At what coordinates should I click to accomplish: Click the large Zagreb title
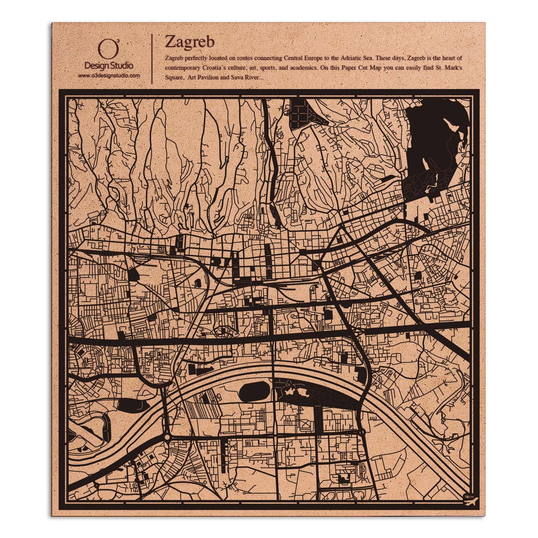190,42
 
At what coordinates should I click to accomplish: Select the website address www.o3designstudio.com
109,76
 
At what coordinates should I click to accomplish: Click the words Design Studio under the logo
109,66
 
